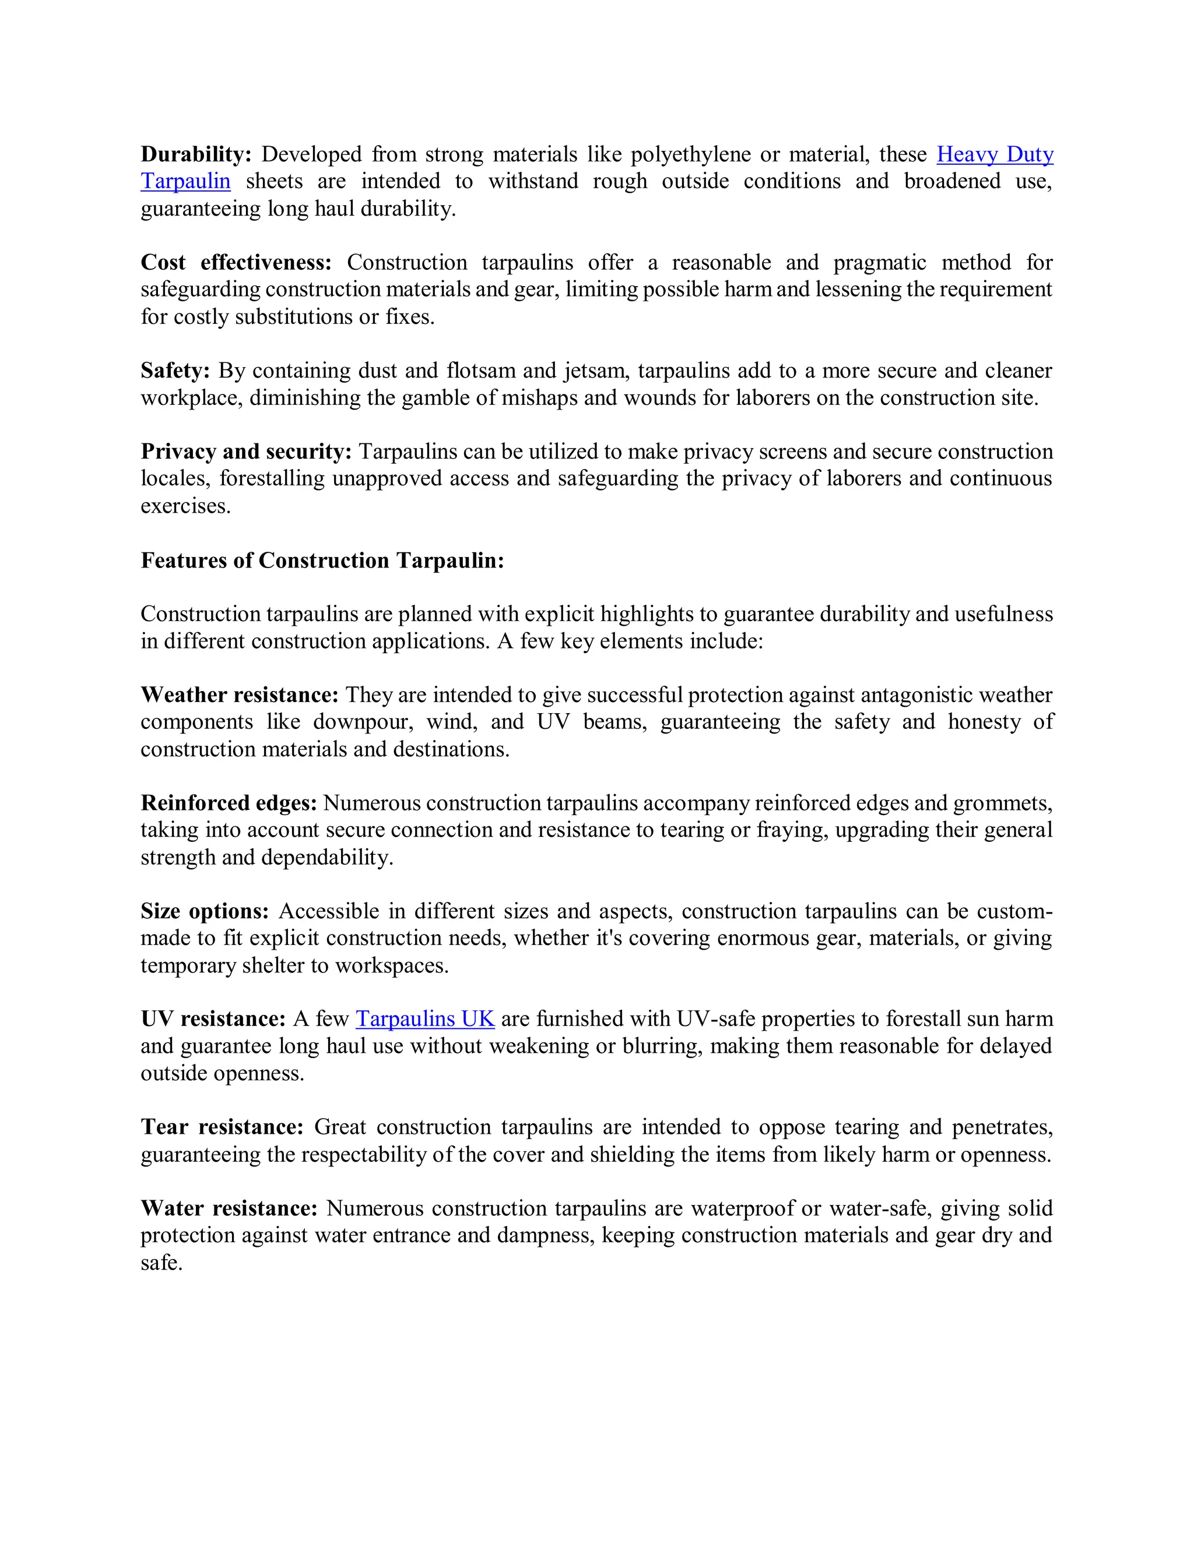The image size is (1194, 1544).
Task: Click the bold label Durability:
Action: (196, 154)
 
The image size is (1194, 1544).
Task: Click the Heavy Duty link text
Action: (995, 154)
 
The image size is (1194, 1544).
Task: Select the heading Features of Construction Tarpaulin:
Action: (322, 560)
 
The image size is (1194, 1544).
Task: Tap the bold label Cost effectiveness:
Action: (236, 262)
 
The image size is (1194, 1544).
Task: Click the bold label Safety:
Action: (175, 371)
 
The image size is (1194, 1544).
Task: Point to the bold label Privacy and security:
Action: (245, 451)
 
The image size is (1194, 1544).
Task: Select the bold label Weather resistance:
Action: (239, 695)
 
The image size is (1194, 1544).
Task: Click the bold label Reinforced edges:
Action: (229, 802)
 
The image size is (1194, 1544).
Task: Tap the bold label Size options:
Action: (205, 911)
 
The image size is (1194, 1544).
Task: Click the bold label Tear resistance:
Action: (222, 1127)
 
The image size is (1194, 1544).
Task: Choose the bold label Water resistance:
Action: (229, 1208)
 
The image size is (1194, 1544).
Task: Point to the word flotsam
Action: (480, 371)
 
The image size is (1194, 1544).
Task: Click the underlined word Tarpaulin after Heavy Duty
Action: (185, 182)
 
